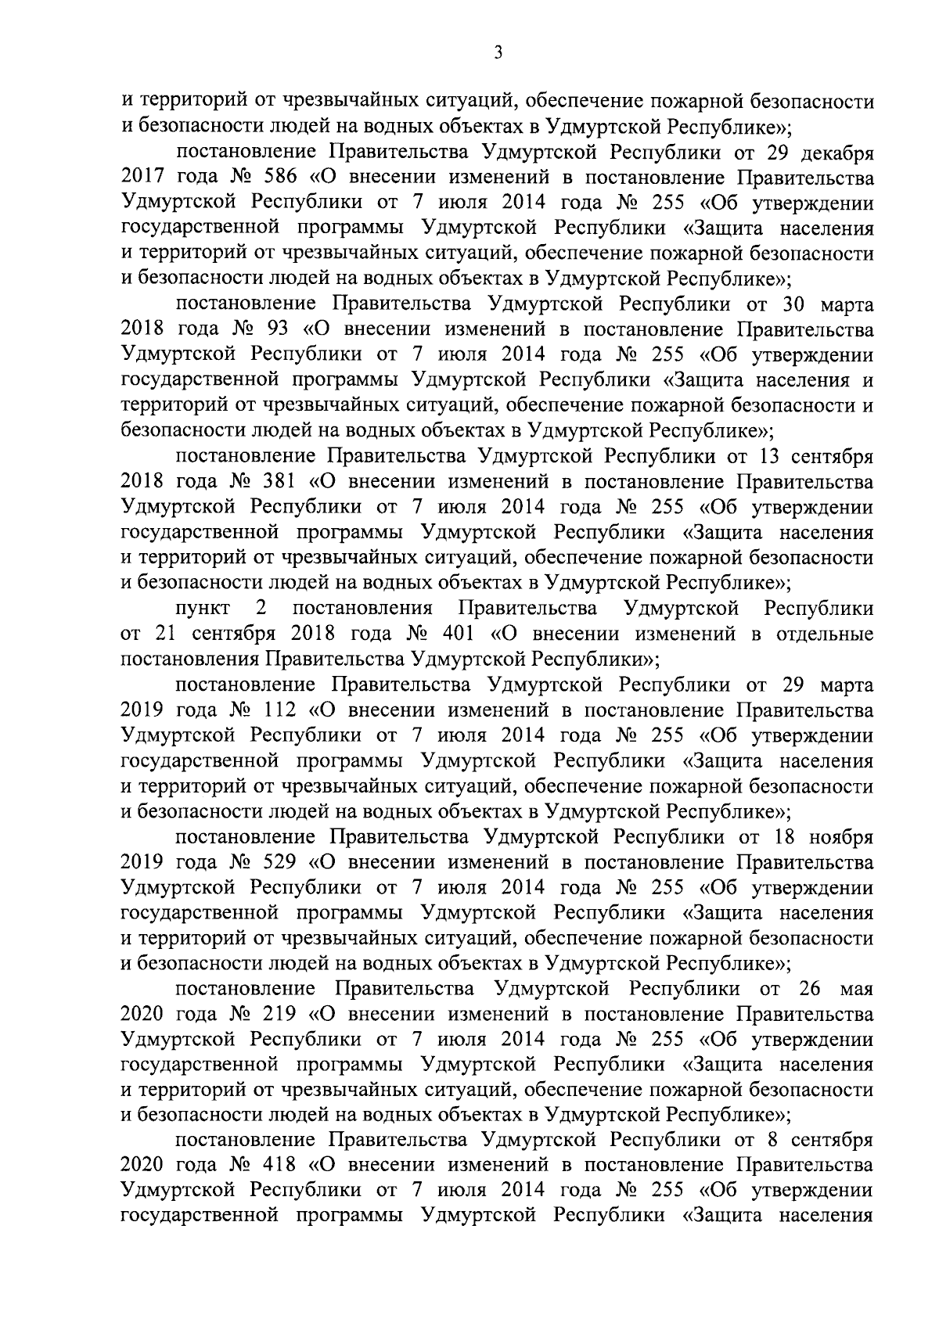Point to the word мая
(856, 989)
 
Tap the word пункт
(202, 608)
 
